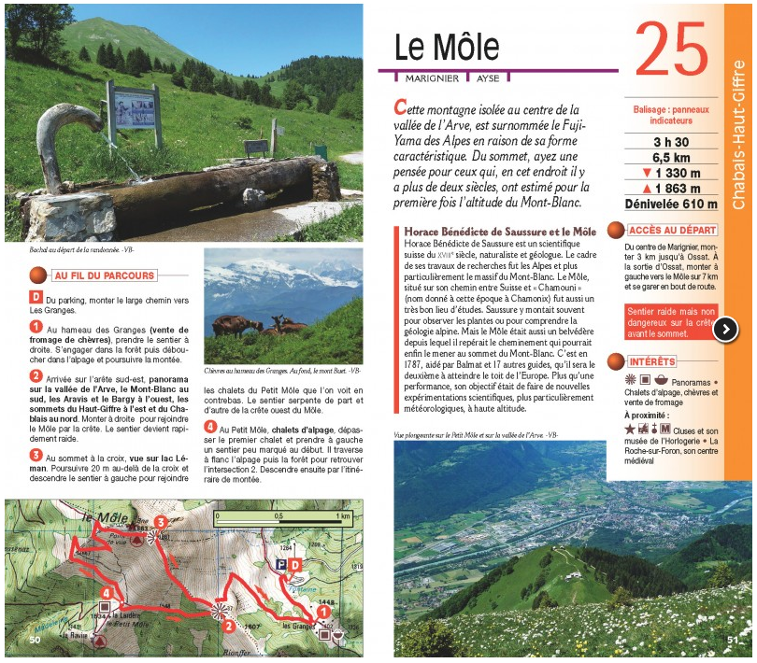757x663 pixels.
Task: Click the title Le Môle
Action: pos(446,49)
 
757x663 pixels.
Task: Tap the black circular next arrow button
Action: pos(726,329)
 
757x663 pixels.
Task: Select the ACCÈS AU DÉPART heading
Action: pos(673,230)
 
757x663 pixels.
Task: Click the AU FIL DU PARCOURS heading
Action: pos(104,275)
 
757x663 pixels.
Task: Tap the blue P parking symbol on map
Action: pos(279,566)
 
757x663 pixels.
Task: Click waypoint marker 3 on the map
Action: pos(161,522)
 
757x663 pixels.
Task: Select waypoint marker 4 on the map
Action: pos(108,592)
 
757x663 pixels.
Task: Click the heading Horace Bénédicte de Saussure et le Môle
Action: pos(500,231)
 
